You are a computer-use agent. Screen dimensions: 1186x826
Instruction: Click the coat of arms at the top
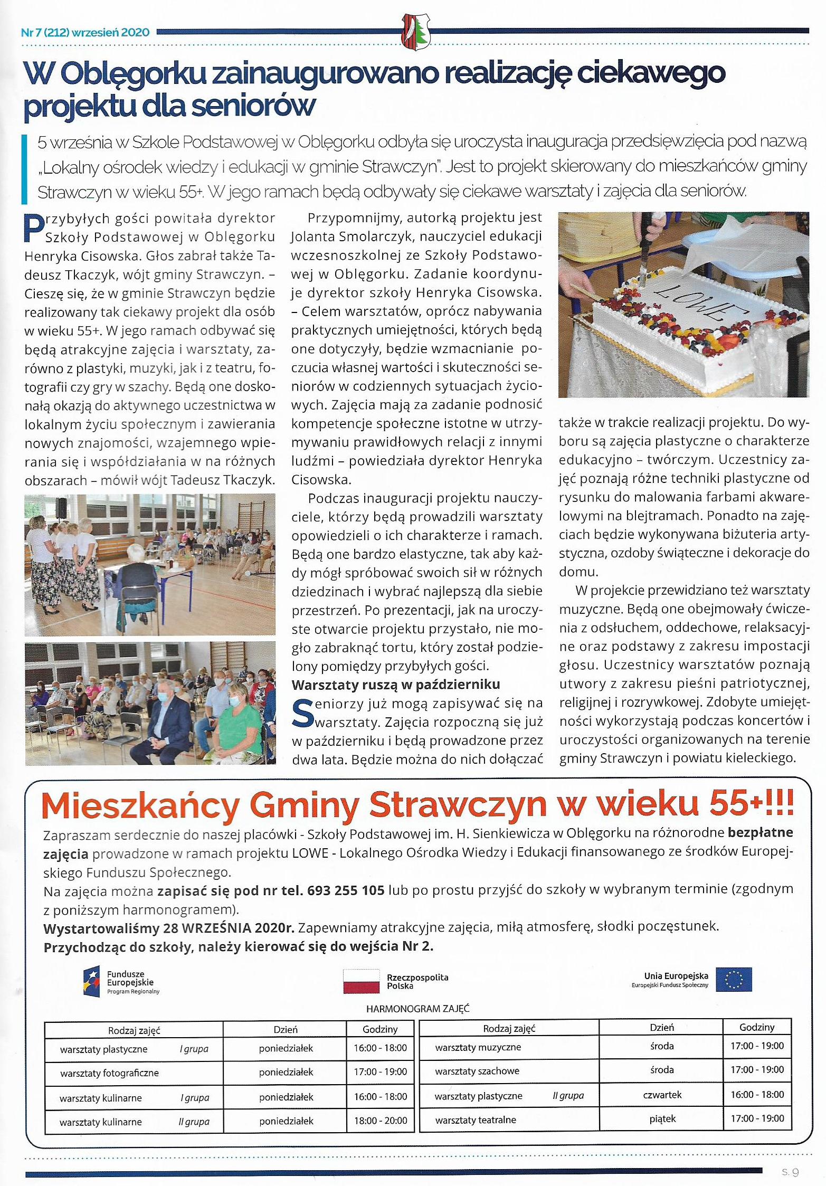pos(416,31)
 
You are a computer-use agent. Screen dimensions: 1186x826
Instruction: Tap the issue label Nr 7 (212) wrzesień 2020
pos(85,32)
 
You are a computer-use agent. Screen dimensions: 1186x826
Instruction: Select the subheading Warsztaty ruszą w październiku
pos(396,685)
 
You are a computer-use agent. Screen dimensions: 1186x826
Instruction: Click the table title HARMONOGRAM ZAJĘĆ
pos(418,1009)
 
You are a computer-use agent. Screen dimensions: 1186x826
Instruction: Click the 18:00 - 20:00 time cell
pos(380,1121)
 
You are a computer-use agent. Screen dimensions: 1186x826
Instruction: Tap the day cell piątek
pos(662,1118)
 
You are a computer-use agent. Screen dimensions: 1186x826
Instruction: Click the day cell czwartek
pos(662,1095)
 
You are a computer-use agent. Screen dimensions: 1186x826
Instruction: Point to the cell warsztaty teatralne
pos(476,1119)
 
